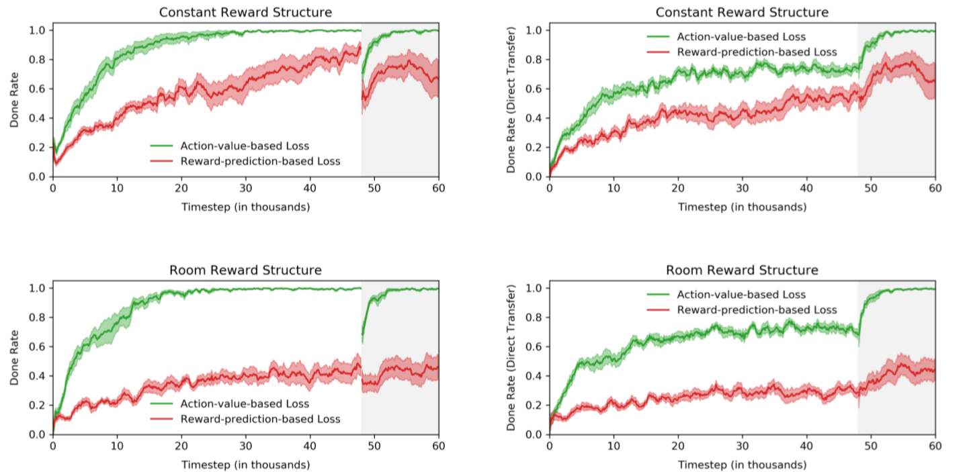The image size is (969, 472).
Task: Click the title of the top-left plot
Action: pos(245,12)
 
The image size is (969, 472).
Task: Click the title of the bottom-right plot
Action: pos(742,270)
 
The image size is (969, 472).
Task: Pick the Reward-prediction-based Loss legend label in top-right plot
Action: pos(757,52)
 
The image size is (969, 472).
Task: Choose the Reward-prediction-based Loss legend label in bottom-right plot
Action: pos(757,310)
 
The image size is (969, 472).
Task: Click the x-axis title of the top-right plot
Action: pos(742,207)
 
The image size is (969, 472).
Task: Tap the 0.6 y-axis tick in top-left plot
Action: pos(37,89)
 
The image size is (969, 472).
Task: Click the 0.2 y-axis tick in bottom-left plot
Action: pos(37,405)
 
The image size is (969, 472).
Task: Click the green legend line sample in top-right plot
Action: pos(659,37)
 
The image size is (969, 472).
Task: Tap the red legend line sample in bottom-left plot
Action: pos(162,419)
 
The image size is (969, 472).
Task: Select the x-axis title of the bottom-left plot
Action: pos(245,465)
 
